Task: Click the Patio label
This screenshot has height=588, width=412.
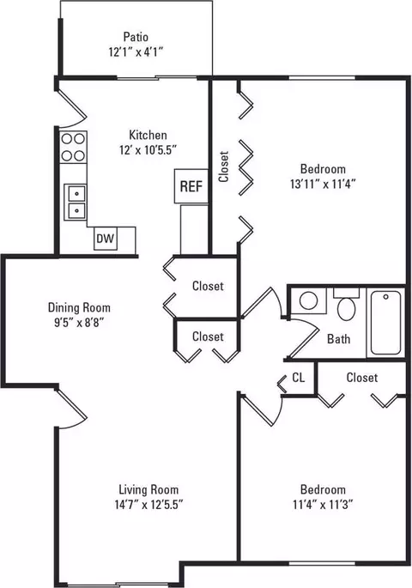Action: point(136,37)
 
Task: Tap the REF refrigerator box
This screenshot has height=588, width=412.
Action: point(191,186)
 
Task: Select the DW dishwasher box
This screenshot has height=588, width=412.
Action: point(106,239)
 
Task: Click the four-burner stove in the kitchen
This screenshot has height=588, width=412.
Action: point(73,147)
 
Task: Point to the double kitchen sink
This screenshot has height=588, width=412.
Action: point(76,202)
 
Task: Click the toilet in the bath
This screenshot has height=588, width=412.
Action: point(347,305)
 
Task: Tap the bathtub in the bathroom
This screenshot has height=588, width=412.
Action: point(385,323)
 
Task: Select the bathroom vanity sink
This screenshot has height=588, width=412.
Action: point(309,300)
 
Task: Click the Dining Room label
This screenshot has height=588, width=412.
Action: point(79,308)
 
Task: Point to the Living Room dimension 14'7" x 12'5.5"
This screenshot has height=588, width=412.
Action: point(148,505)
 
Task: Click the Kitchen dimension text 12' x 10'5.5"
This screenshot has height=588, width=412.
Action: point(148,150)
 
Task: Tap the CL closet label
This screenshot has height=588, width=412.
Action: point(299,378)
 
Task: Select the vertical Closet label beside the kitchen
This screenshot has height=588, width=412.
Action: point(224,167)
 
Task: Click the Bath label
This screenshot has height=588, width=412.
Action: point(338,339)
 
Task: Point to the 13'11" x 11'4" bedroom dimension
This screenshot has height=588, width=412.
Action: point(323,184)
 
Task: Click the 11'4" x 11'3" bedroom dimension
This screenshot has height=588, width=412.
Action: point(323,505)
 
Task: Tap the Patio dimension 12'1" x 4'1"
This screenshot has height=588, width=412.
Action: point(136,52)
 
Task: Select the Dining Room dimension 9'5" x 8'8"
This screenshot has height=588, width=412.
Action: point(79,323)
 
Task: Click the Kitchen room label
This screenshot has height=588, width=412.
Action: point(148,135)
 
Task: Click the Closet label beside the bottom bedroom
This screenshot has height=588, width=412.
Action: point(361,377)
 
